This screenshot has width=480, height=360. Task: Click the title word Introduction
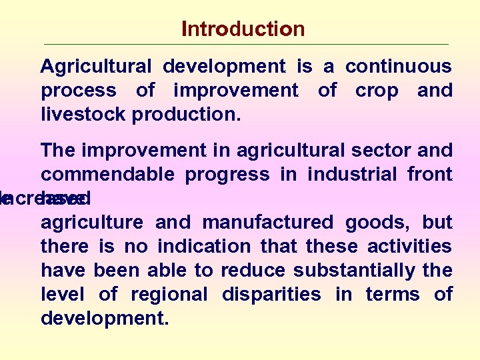coord(243,29)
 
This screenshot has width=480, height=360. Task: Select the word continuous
coord(398,67)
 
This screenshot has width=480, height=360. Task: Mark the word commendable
coord(107,175)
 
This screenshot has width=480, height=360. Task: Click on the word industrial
coord(358,175)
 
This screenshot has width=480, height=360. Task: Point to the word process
coord(79,91)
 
